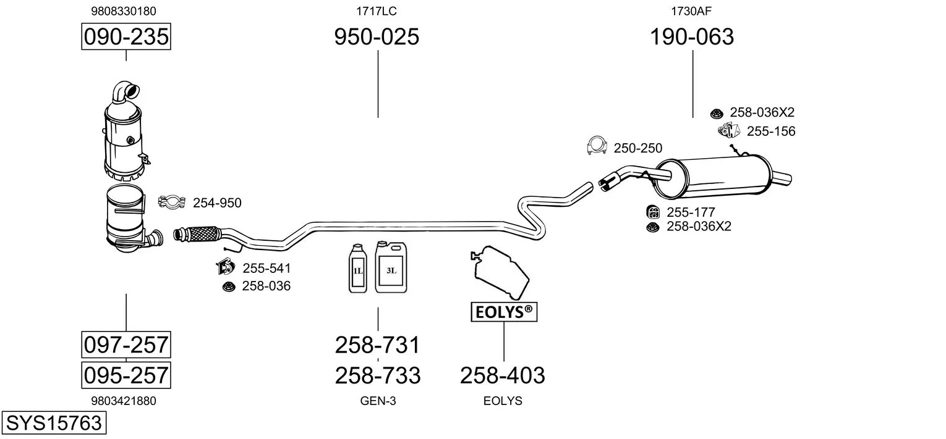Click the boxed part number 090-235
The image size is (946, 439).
tap(126, 37)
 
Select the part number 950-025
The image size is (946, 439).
tap(377, 37)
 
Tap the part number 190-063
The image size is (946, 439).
tap(692, 37)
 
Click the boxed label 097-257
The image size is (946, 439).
tap(126, 344)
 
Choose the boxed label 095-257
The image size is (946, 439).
tap(126, 375)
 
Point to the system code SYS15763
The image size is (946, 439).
tap(53, 423)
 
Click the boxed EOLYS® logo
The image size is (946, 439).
tap(504, 312)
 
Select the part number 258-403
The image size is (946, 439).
tap(503, 375)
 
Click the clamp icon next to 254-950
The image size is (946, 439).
tap(173, 202)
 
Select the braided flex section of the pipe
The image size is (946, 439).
tap(204, 234)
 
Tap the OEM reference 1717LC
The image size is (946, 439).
tap(376, 10)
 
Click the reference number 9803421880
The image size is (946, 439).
tap(124, 401)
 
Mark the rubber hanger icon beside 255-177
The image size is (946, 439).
tap(652, 212)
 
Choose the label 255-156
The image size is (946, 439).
tap(770, 131)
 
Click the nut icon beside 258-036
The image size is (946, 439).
tap(228, 286)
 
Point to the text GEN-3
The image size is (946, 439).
tap(378, 401)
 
